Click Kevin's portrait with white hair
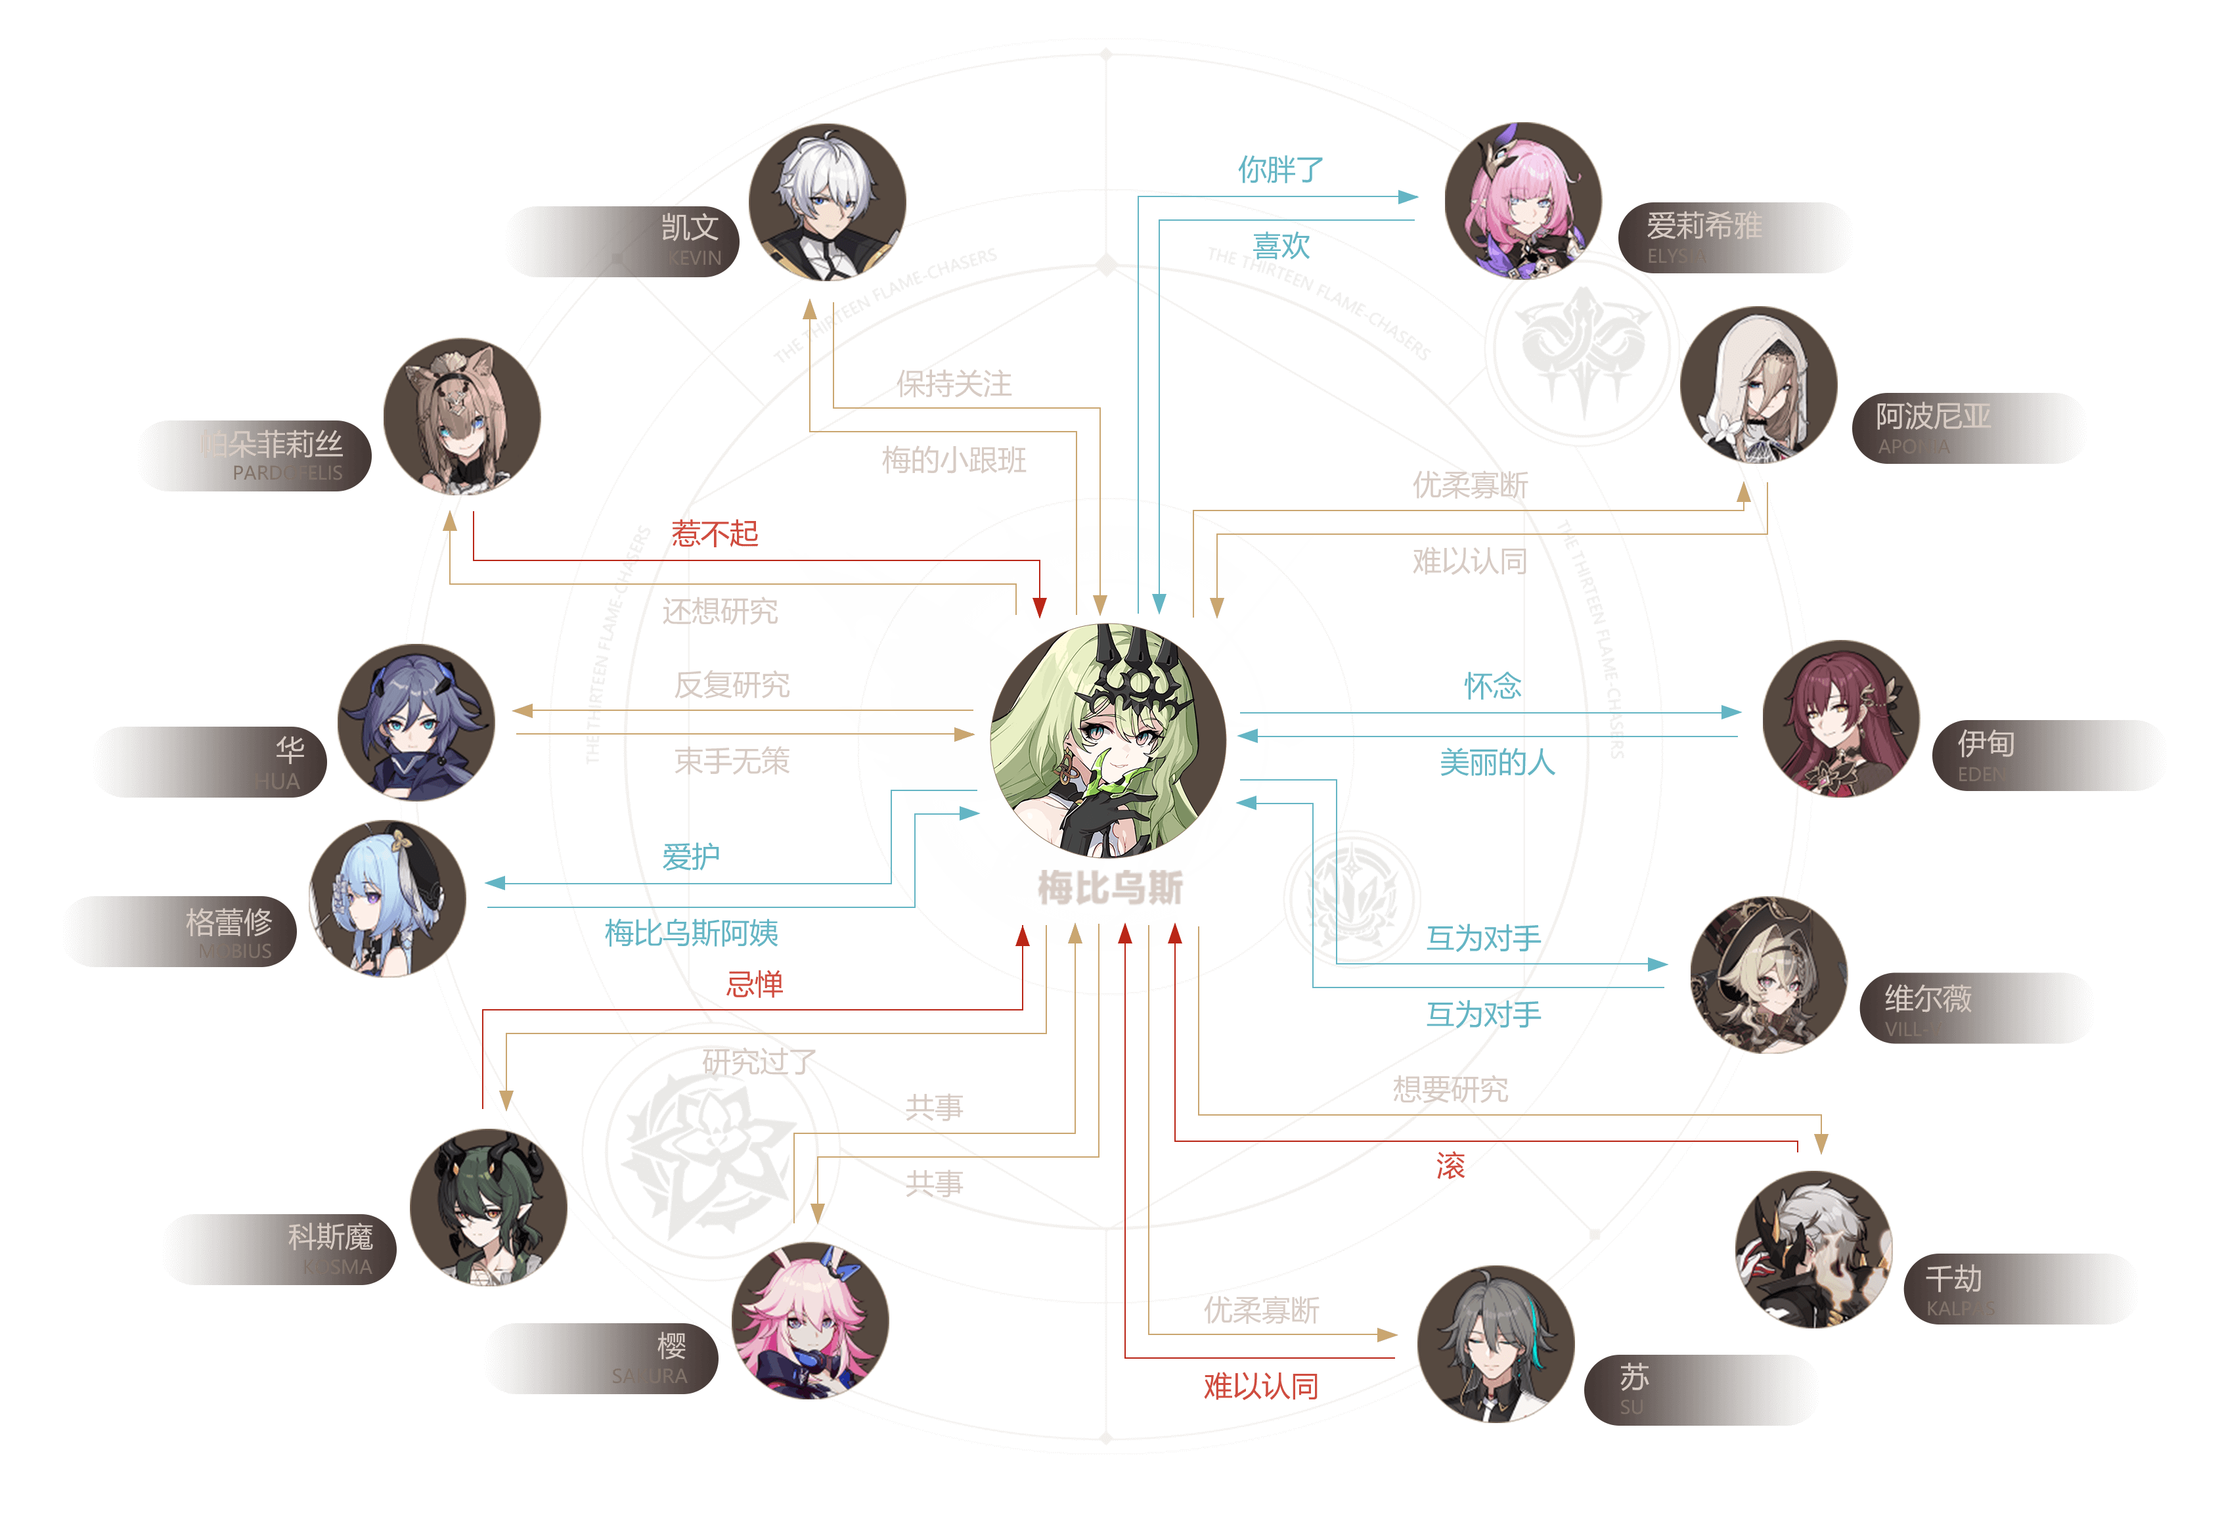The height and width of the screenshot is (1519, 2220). pos(828,202)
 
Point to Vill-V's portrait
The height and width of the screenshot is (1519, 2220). pos(1768,974)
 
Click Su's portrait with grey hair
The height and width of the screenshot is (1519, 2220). pos(1495,1343)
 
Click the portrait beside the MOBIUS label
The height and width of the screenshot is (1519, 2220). pos(388,899)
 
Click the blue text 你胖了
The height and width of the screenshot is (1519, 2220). pos(1280,170)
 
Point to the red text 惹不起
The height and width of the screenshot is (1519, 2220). pos(715,533)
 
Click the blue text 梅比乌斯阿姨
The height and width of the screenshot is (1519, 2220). pos(691,932)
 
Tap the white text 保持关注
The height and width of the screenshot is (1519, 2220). pos(953,384)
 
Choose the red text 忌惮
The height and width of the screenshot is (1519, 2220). pos(754,984)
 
